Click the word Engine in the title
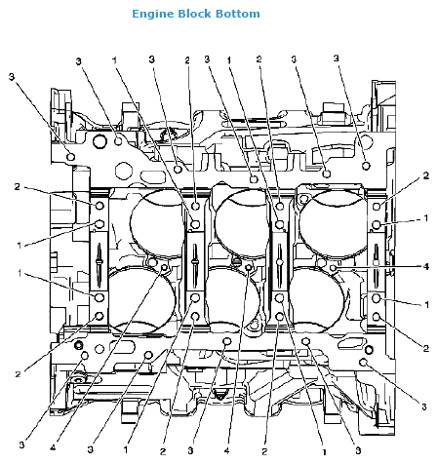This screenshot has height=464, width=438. tap(153, 15)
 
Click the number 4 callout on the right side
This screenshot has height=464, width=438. tap(426, 267)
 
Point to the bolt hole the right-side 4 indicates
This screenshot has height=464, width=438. tap(333, 268)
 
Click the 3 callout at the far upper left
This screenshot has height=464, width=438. tap(12, 77)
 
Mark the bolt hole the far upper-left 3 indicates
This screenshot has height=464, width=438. tap(70, 157)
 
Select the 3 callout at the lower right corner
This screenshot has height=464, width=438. tap(424, 406)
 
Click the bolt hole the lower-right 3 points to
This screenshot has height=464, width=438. tap(363, 362)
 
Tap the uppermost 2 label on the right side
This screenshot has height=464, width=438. tap(426, 175)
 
